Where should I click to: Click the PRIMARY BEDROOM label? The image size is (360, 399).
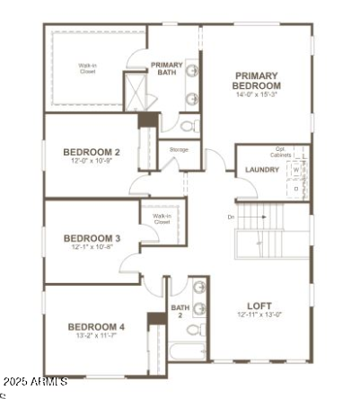pos(257,81)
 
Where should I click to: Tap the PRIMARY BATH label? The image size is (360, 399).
pos(167,68)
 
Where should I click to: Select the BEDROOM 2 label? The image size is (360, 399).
pos(92,152)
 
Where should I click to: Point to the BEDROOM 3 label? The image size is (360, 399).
pos(92,238)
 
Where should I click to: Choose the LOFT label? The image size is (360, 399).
pos(259,305)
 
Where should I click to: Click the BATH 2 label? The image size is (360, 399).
pos(180,312)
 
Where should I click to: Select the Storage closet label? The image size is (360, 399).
pos(179,149)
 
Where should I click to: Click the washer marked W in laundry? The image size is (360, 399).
pos(294,169)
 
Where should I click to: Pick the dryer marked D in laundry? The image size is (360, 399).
pos(295,189)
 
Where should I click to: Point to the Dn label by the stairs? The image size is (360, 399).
pos(230,217)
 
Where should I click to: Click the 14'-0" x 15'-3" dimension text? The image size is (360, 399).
pos(257,94)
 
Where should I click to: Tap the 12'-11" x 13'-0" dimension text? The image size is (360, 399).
pos(259,315)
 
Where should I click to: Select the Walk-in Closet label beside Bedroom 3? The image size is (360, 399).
pos(162,218)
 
